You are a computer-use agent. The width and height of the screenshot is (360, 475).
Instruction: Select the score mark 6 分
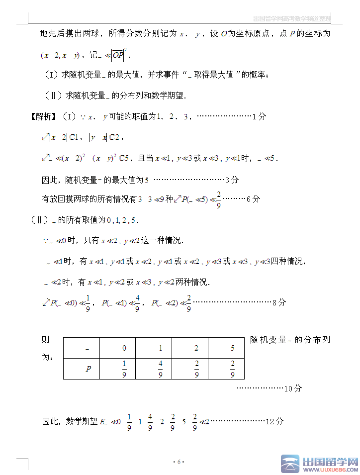253,199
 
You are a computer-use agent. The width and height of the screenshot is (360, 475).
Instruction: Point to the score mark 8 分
279,302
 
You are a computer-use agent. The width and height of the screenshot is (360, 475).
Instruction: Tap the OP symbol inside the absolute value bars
117,55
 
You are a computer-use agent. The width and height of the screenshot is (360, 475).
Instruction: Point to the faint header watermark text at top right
291,19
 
